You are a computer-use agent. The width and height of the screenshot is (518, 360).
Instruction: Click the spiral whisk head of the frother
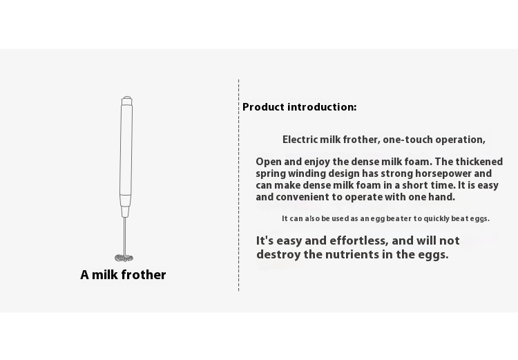click(124, 258)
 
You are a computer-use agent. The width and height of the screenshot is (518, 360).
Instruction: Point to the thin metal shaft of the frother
click(125, 236)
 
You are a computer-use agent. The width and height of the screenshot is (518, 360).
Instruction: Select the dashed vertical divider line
click(238, 185)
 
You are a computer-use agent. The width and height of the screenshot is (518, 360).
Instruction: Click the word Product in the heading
click(263, 107)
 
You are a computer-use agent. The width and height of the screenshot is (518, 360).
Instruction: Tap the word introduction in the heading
click(322, 107)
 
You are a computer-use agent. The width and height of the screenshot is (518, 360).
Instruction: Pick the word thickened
click(479, 162)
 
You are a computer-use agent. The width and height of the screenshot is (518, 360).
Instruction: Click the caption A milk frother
click(123, 275)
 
